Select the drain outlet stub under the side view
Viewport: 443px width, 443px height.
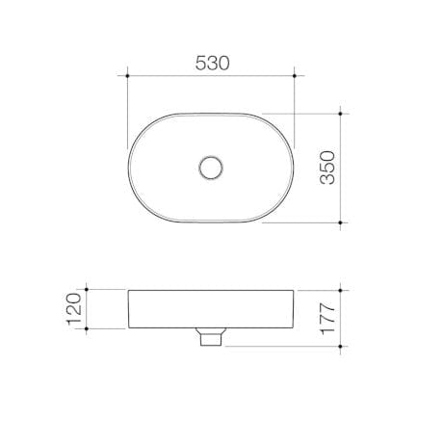pos(210,337)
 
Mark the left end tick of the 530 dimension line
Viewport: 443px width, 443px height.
pos(128,74)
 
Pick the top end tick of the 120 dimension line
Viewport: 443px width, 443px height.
pos(87,289)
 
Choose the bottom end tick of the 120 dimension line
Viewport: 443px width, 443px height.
pos(87,328)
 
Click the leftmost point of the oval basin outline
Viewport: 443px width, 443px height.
pos(128,168)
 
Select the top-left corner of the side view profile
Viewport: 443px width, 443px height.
pos(128,289)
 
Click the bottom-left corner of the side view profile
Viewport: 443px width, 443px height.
pos(129,328)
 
